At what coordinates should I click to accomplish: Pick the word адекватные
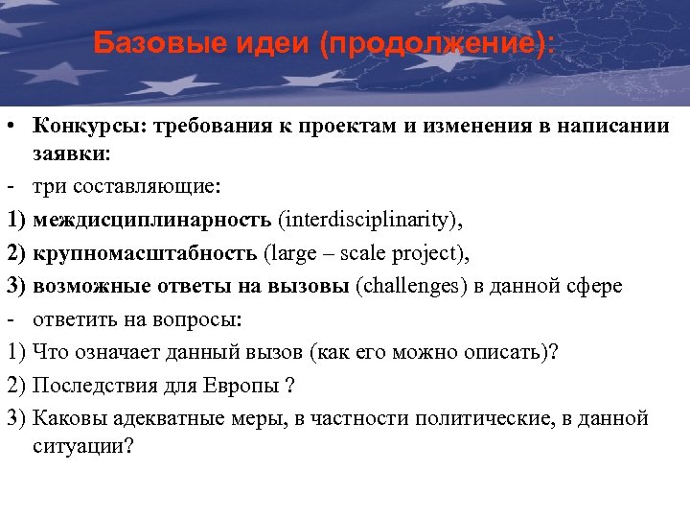coord(166,418)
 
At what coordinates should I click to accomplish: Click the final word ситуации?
coord(82,445)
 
